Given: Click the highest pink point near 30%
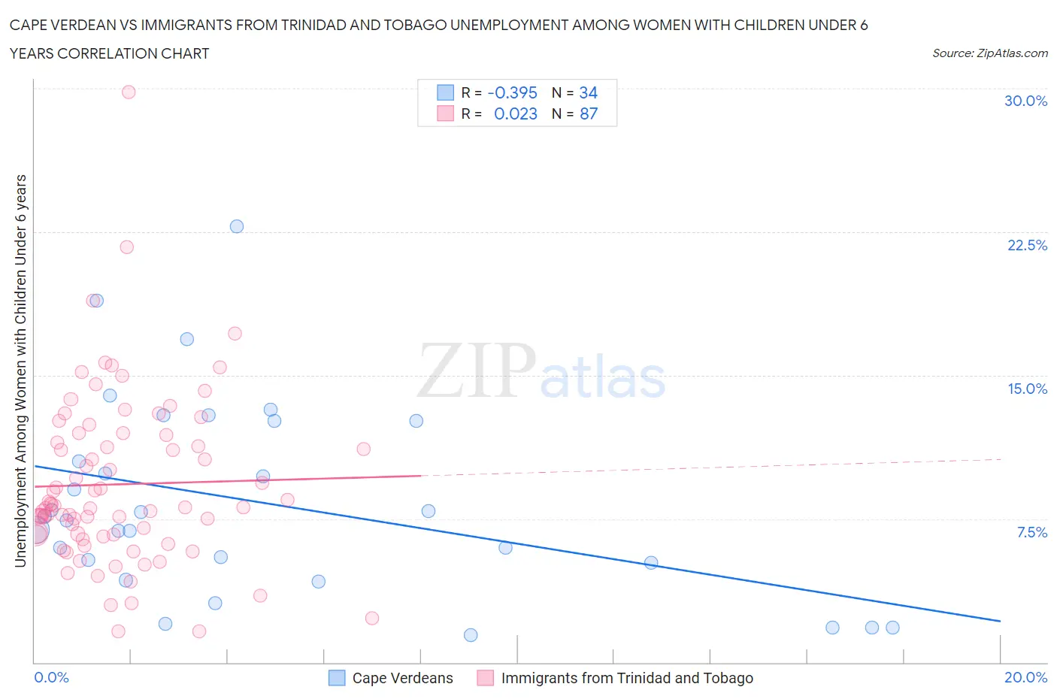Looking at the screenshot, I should tap(129, 92).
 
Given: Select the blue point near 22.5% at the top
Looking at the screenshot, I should tap(237, 226).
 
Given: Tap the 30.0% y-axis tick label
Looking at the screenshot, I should tap(1025, 101).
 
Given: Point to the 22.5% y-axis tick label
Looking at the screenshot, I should tap(1027, 245).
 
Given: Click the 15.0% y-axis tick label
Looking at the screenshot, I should tap(1027, 389).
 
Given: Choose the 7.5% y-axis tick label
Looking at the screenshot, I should tap(1031, 532).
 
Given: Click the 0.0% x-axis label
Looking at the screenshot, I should tap(51, 677).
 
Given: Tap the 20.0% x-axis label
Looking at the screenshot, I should tap(1025, 677).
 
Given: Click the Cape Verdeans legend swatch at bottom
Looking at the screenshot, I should tap(337, 678).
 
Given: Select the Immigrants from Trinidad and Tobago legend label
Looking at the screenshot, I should tap(627, 678).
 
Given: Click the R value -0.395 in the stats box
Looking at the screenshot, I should tap(512, 92).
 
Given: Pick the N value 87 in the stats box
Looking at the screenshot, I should tap(589, 113).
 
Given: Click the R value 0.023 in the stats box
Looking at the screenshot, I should tap(515, 113).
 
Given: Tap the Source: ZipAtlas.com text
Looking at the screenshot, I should tap(989, 53).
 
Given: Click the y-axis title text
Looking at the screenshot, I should tap(20, 371).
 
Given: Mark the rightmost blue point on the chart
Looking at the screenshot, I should tap(892, 628).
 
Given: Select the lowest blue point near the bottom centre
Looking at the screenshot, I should tap(471, 635).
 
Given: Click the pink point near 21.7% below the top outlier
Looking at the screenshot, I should tap(126, 247).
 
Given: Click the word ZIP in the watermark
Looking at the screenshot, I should tap(476, 371).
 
